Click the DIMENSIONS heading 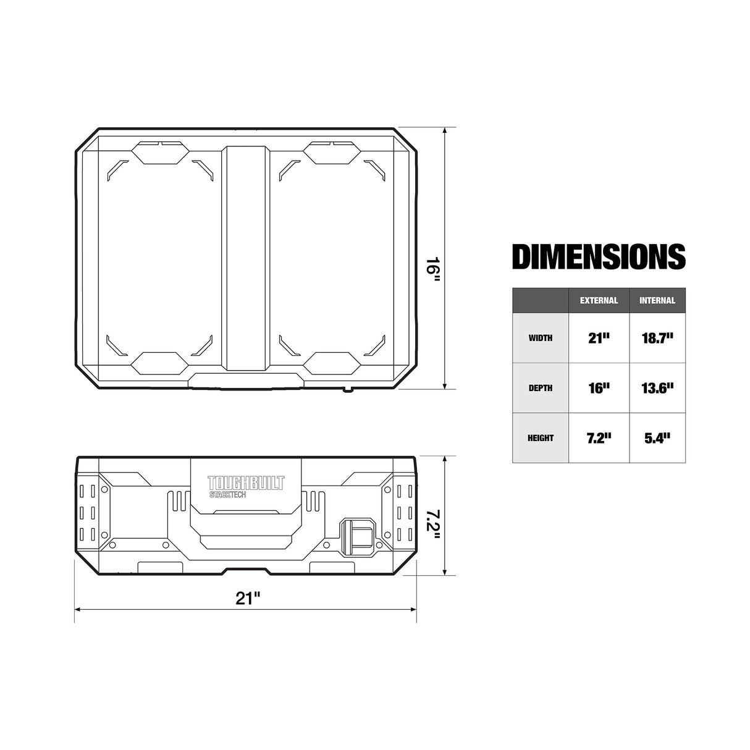point(599,257)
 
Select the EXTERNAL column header point(599,301)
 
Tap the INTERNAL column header point(657,301)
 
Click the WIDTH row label point(541,338)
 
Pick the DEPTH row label point(541,388)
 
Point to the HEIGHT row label point(541,438)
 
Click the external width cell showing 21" point(599,338)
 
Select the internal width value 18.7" point(657,338)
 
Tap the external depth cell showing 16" point(599,388)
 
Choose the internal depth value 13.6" point(657,388)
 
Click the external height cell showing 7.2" point(599,438)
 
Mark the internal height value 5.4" point(657,438)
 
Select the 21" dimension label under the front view point(248,597)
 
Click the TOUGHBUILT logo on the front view point(246,482)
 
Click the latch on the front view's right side point(357,534)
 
